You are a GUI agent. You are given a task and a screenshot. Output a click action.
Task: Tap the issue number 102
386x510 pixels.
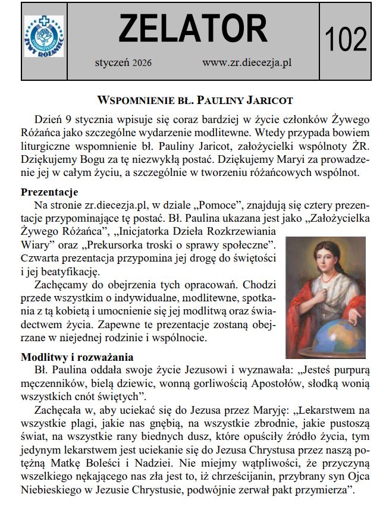click(346, 40)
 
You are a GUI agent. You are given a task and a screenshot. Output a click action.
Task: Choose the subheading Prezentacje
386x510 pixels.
click(50, 192)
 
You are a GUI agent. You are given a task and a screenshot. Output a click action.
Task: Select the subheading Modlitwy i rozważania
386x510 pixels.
click(77, 357)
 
